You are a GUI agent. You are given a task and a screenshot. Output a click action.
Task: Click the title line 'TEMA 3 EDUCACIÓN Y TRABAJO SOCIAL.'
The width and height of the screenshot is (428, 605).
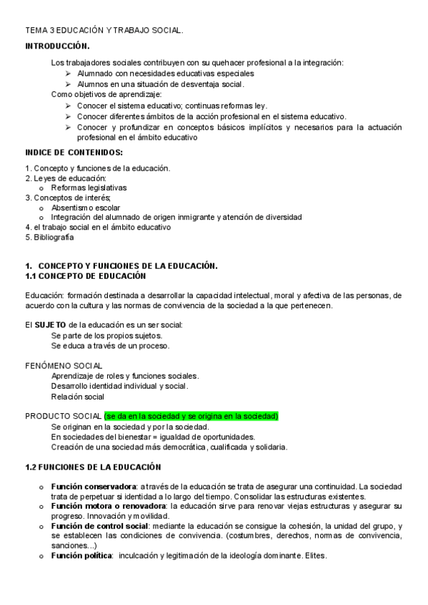104,31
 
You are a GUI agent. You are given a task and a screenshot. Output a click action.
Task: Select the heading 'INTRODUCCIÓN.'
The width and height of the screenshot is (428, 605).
57,45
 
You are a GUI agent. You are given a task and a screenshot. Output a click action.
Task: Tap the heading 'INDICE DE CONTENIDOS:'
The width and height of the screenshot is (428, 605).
74,152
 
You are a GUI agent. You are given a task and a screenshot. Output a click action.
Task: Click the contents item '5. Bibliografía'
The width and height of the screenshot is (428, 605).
49,238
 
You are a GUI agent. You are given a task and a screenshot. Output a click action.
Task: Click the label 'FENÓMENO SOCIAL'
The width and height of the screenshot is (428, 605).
64,366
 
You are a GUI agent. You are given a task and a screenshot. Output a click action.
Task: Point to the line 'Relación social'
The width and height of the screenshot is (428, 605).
77,396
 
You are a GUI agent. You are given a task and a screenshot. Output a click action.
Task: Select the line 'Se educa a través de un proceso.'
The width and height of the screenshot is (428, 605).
110,345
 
